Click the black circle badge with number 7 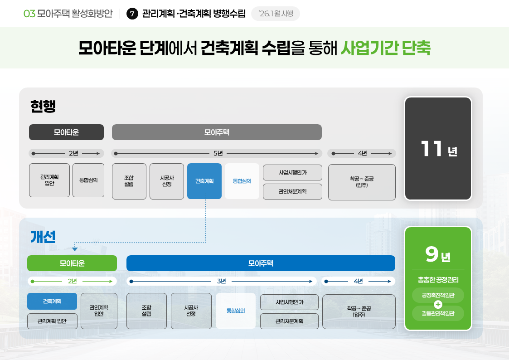click(132, 14)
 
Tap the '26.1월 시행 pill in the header click(276, 14)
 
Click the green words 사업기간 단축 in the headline click(385, 48)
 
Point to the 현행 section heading click(43, 106)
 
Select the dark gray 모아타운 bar click(66, 132)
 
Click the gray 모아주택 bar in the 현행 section click(217, 132)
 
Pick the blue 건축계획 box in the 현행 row click(204, 181)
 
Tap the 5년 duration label click(218, 153)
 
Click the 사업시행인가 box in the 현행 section click(292, 172)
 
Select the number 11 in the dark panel click(431, 149)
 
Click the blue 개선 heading click(43, 237)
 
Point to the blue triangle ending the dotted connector click(75, 249)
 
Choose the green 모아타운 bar click(72, 263)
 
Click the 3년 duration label click(221, 281)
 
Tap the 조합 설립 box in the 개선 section click(146, 311)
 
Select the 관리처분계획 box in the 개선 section click(289, 321)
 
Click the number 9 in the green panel click(431, 254)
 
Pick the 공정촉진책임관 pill click(438, 295)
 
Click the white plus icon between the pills click(438, 304)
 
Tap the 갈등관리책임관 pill click(438, 313)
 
